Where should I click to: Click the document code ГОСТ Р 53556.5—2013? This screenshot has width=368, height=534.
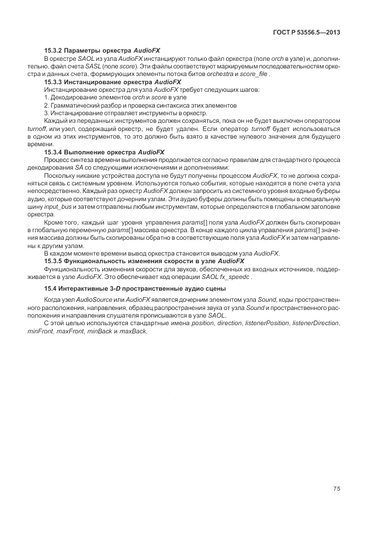click(x=306, y=31)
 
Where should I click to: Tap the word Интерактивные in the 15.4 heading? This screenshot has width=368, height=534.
click(x=82, y=289)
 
